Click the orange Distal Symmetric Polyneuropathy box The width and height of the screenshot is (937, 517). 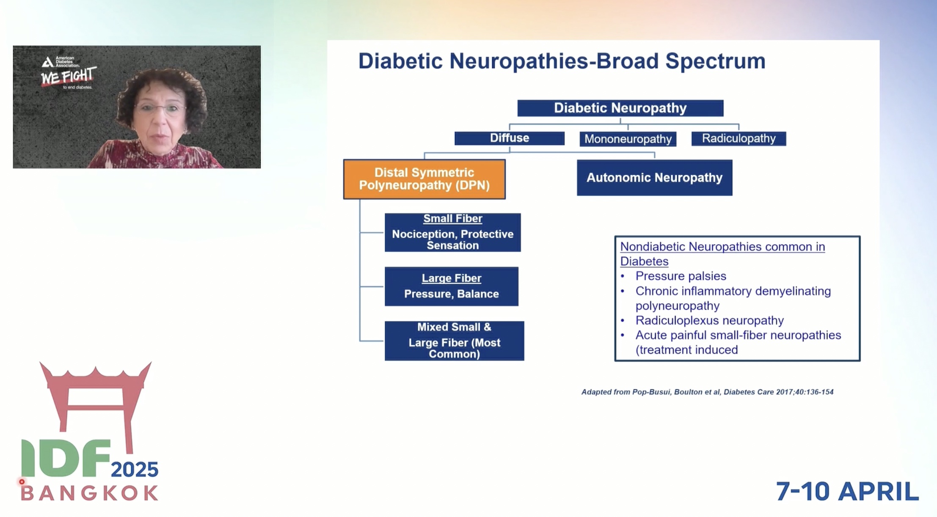pos(424,179)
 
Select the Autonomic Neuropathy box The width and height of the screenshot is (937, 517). pos(654,178)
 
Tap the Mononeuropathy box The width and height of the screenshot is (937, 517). pos(628,139)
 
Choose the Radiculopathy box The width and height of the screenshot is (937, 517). pos(739,138)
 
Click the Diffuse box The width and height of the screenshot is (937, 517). pos(509,138)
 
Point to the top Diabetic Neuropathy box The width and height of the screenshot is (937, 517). pos(620,108)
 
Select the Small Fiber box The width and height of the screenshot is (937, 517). pos(452,232)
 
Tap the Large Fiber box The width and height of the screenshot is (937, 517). pos(451,286)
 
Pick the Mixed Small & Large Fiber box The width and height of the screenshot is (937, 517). pos(454,341)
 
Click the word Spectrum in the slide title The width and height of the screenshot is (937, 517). pos(715,61)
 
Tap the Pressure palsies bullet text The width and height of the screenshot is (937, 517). pos(681,276)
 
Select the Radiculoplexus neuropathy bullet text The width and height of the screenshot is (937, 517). pos(709,320)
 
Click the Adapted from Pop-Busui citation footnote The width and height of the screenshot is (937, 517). pos(707,392)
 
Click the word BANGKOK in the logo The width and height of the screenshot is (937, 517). pos(90,493)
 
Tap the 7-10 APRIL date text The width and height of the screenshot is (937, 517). pos(847,491)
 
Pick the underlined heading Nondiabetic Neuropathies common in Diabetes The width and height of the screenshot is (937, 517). pos(722,253)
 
